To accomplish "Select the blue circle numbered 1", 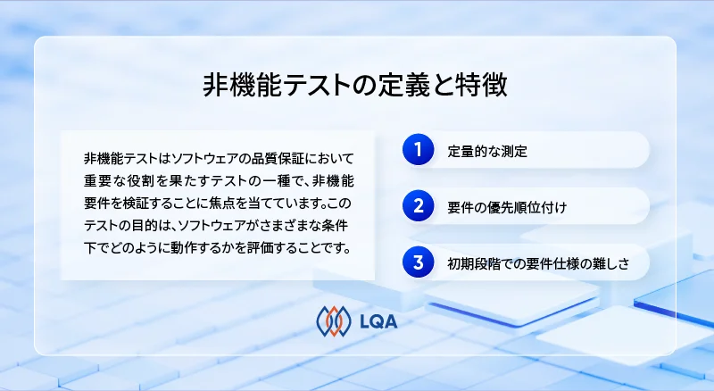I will point(417,150).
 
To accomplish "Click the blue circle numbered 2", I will point(417,206).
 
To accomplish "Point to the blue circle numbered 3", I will point(417,262).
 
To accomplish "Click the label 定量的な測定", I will point(487,151).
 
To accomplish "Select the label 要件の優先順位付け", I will point(507,207).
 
